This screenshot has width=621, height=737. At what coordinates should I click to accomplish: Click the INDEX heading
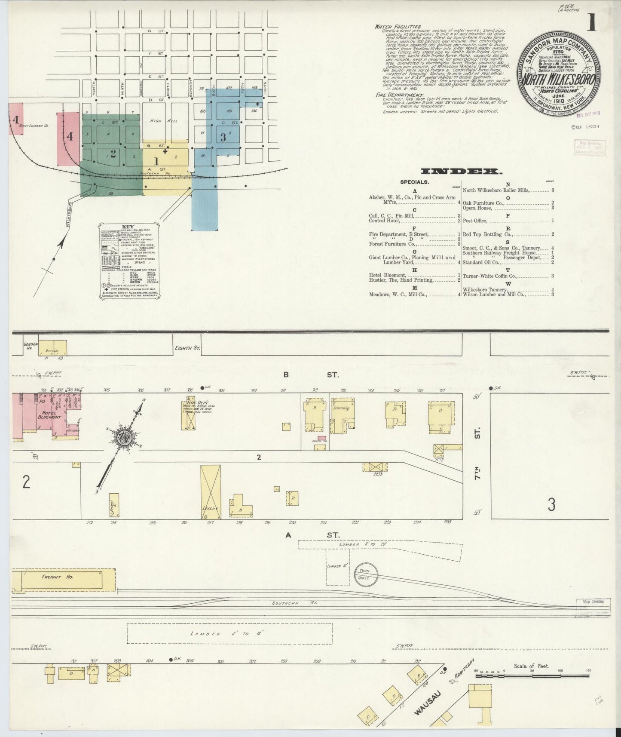pyautogui.click(x=462, y=172)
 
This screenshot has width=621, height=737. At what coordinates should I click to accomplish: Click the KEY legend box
pyautogui.click(x=128, y=261)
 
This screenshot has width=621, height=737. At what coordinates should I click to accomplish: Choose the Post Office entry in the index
pyautogui.click(x=475, y=221)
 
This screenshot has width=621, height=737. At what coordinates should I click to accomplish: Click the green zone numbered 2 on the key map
pyautogui.click(x=113, y=154)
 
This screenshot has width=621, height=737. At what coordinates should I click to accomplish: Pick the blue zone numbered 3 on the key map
pyautogui.click(x=223, y=138)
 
